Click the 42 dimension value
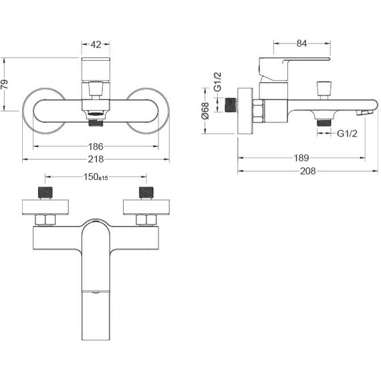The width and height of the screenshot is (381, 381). pyautogui.click(x=96, y=45)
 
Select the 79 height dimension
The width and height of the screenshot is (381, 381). pyautogui.click(x=5, y=84)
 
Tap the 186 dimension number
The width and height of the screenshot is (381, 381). pyautogui.click(x=96, y=146)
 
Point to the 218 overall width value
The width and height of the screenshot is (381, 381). pyautogui.click(x=96, y=159)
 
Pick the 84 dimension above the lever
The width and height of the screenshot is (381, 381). pyautogui.click(x=301, y=43)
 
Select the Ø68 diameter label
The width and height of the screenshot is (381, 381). pyautogui.click(x=205, y=111)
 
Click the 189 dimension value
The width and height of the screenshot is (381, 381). pyautogui.click(x=301, y=158)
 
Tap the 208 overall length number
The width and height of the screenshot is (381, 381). pyautogui.click(x=308, y=171)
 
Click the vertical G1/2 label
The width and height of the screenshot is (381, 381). pyautogui.click(x=218, y=82)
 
